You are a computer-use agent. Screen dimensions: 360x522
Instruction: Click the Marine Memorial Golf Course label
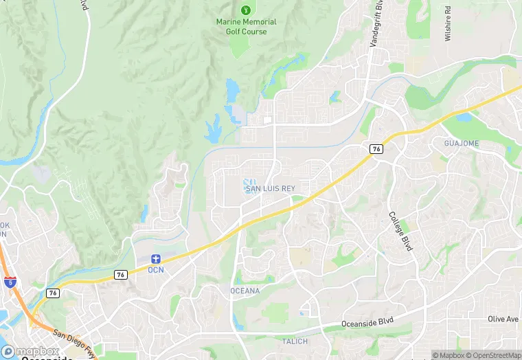click(246, 27)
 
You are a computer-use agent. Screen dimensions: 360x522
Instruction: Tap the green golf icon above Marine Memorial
click(246, 10)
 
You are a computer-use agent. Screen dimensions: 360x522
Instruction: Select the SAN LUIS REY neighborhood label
click(270, 188)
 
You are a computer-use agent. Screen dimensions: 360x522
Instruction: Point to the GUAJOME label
click(461, 144)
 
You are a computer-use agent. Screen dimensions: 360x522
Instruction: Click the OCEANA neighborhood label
click(245, 291)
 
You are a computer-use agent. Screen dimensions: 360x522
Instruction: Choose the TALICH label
click(295, 341)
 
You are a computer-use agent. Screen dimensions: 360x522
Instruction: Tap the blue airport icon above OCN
click(156, 258)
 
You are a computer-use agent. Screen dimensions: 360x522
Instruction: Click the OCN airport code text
click(156, 270)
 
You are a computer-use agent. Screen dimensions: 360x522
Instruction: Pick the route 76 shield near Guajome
click(376, 148)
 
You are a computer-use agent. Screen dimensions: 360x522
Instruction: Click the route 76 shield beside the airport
click(121, 274)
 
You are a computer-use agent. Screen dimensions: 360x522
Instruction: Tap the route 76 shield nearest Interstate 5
click(53, 293)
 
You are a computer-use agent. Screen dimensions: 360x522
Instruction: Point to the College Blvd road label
click(400, 230)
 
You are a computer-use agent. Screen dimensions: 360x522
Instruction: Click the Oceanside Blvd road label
click(370, 324)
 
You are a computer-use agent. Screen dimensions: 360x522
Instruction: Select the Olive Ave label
click(503, 319)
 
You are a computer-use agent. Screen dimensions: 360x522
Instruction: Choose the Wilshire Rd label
click(447, 24)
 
